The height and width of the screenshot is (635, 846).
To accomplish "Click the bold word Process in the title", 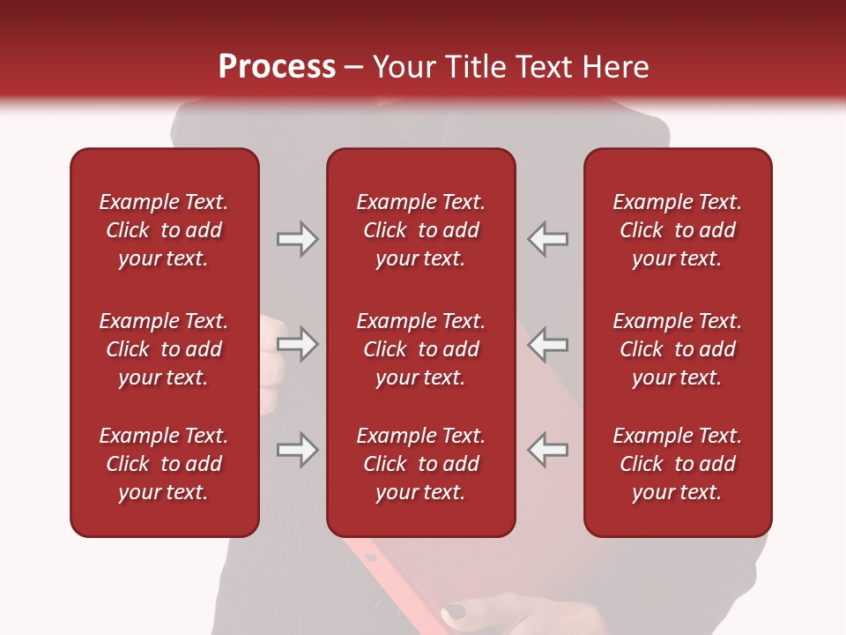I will [277, 67].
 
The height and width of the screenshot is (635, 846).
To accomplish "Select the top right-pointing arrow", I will [297, 239].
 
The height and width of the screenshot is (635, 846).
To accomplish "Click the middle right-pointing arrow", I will [297, 343].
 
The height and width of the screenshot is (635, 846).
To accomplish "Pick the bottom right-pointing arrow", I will [297, 450].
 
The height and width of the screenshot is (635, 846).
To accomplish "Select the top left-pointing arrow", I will [548, 239].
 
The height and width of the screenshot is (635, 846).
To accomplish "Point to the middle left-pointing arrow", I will [548, 343].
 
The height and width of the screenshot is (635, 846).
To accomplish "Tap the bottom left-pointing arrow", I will [548, 450].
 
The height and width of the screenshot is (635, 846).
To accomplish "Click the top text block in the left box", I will [164, 230].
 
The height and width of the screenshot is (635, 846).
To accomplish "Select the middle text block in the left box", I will [164, 349].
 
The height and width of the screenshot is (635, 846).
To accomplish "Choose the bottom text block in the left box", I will [164, 464].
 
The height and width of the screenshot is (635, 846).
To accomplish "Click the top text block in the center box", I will [421, 230].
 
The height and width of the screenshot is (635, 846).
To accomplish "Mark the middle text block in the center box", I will [421, 349].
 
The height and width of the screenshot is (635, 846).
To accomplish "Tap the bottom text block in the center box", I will [421, 464].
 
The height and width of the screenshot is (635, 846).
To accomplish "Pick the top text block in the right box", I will [678, 230].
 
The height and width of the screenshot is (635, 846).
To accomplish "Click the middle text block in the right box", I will [678, 349].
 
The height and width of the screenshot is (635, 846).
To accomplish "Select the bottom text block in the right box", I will [678, 464].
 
